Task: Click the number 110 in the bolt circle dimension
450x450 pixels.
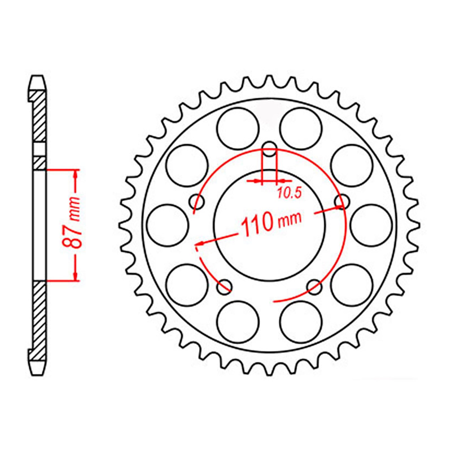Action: coord(257,225)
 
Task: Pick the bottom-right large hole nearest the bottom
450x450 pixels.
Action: coord(301,322)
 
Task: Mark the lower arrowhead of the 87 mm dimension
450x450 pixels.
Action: coord(75,276)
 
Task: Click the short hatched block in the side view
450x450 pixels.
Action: coord(39,163)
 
